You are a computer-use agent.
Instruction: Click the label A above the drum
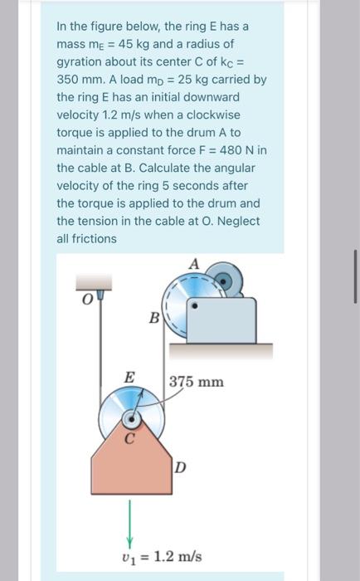point(194,264)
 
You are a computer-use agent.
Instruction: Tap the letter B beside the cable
point(154,318)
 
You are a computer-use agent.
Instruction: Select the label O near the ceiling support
point(86,300)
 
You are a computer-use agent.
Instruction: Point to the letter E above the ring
point(129,378)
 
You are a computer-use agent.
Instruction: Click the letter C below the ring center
point(129,439)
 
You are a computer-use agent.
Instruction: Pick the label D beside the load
point(180,468)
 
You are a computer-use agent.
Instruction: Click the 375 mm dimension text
point(197,382)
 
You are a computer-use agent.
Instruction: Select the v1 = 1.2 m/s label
point(162,557)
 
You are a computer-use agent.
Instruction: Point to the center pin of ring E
point(132,419)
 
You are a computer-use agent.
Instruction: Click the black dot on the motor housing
point(195,306)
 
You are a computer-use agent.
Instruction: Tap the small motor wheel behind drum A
point(225,280)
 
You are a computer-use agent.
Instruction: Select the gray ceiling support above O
point(94,282)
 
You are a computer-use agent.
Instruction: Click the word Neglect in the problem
point(239,222)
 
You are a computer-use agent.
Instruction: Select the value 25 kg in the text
point(193,80)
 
